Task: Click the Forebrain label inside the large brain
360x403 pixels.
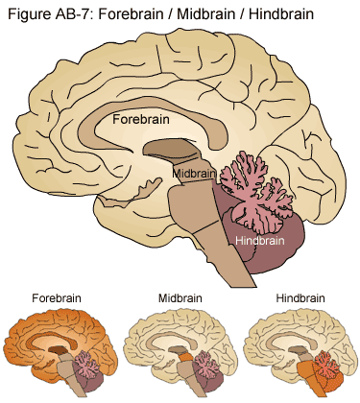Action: tap(141, 120)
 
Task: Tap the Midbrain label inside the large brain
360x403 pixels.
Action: tap(195, 173)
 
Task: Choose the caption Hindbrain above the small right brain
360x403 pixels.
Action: tap(302, 298)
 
